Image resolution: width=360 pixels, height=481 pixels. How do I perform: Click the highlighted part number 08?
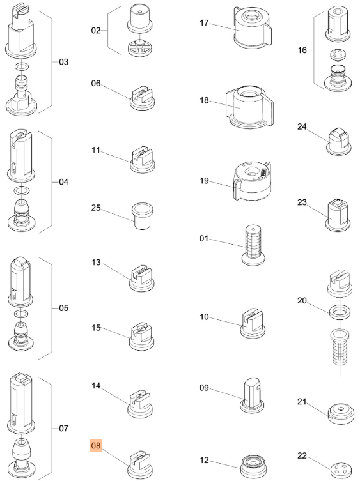pyautogui.click(x=96, y=445)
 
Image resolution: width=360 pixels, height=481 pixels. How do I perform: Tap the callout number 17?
pyautogui.click(x=204, y=23)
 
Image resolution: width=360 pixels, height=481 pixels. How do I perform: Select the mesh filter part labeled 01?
pyautogui.click(x=253, y=245)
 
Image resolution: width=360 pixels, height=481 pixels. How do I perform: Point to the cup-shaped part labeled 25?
pyautogui.click(x=143, y=215)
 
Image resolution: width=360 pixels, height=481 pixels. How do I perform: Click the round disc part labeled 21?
pyautogui.click(x=341, y=414)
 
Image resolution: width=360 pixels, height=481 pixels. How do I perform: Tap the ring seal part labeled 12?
pyautogui.click(x=253, y=466)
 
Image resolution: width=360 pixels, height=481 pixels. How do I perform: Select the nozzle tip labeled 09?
pyautogui.click(x=252, y=395)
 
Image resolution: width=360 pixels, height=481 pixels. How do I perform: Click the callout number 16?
pyautogui.click(x=302, y=50)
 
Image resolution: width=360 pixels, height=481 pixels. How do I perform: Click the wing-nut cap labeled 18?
pyautogui.click(x=249, y=107)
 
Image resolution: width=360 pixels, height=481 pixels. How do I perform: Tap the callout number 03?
pyautogui.click(x=63, y=62)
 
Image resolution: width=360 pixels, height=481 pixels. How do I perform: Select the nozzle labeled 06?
pyautogui.click(x=142, y=98)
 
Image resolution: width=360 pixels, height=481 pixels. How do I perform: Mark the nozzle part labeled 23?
pyautogui.click(x=338, y=215)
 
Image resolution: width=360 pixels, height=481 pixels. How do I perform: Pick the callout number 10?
pyautogui.click(x=204, y=317)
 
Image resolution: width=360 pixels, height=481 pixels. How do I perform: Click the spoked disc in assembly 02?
pyautogui.click(x=140, y=47)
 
